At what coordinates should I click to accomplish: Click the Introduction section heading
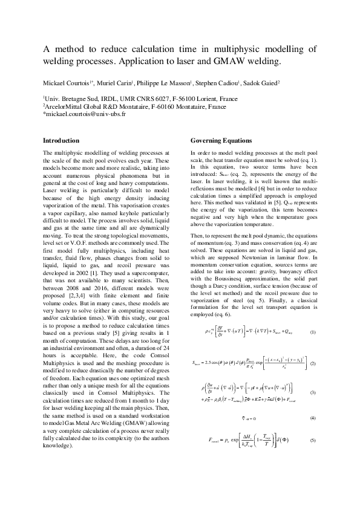(x=61, y=140)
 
